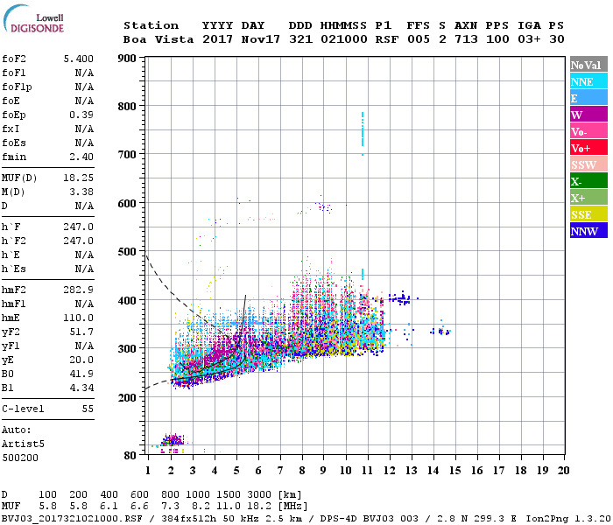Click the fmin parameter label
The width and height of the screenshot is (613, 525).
click(15, 157)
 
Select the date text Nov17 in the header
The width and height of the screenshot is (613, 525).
click(260, 39)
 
